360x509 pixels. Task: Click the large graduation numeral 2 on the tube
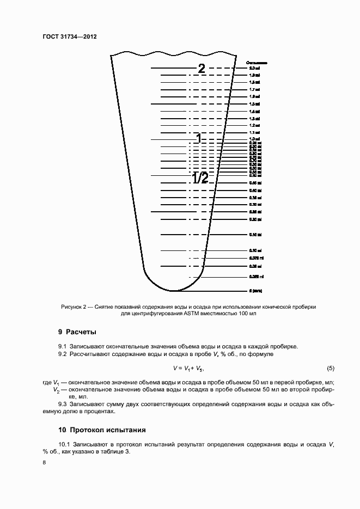pos(201,69)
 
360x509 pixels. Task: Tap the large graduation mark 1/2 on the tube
pos(200,178)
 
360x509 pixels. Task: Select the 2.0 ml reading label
pos(254,68)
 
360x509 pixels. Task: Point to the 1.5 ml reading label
pos(254,103)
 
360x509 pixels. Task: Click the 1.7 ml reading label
pos(254,89)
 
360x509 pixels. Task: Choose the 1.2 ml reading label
pos(254,125)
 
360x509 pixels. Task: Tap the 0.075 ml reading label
pos(256,258)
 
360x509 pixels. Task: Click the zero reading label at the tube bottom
pos(256,291)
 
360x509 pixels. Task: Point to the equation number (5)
pos(330,368)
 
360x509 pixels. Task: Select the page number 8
pos(45,463)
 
